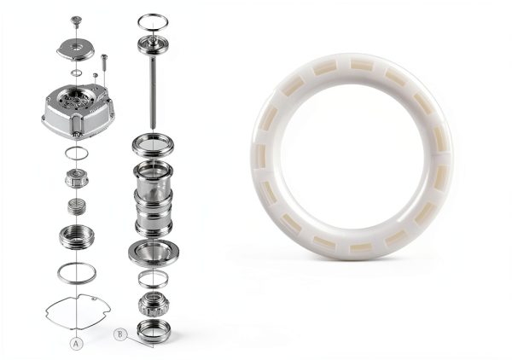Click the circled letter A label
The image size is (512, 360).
(77, 344)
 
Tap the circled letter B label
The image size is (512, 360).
(119, 335)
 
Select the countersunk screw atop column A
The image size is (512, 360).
(76, 20)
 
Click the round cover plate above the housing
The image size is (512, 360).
(76, 49)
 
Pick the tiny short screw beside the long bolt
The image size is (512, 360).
(96, 75)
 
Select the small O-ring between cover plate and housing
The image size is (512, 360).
(77, 73)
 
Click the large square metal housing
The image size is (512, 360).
(79, 111)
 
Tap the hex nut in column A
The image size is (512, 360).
(77, 178)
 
